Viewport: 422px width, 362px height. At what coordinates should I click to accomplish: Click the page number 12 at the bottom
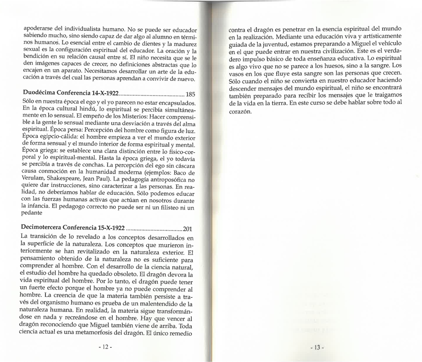click(106, 346)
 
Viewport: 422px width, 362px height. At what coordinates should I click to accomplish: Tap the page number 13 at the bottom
click(316, 347)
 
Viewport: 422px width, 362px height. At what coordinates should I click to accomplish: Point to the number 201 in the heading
click(188, 228)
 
